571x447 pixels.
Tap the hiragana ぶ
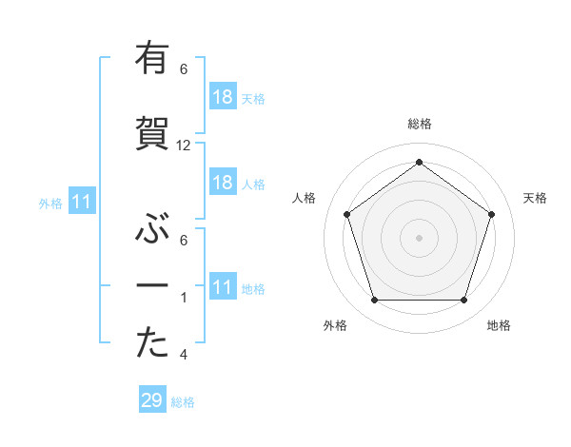(x=151, y=230)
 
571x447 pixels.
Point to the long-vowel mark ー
(x=151, y=285)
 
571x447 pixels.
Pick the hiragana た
(x=151, y=342)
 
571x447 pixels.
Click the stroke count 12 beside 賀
(x=184, y=146)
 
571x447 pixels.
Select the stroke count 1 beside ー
(x=184, y=298)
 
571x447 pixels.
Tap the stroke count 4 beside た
(x=184, y=355)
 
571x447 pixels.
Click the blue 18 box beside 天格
(x=222, y=98)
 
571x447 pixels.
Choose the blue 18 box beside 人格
(x=222, y=184)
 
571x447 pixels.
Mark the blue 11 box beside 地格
(x=222, y=287)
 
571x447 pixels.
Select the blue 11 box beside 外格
(x=81, y=202)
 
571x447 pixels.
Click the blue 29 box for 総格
(x=152, y=400)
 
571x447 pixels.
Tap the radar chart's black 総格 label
(x=419, y=124)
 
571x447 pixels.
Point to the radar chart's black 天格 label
(x=535, y=198)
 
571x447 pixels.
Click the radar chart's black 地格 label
(x=499, y=325)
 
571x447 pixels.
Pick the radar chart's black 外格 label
(x=335, y=325)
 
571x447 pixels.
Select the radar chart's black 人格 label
(x=304, y=198)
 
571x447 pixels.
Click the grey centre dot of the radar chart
(x=419, y=237)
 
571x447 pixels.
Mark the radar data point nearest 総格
(x=419, y=162)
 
